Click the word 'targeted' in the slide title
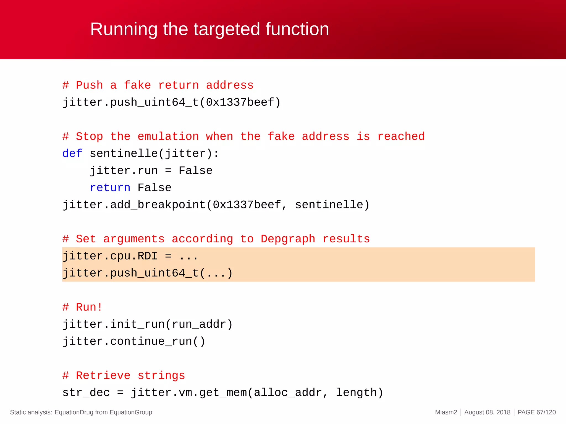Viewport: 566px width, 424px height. point(227,29)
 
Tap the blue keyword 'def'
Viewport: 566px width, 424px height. point(72,153)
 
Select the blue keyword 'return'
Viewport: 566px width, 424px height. point(110,188)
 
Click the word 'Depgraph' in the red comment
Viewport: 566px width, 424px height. point(288,239)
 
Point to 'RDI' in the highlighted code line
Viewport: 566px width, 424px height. point(148,256)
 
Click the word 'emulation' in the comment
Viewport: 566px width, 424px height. point(168,136)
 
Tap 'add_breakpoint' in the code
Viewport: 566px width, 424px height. point(158,205)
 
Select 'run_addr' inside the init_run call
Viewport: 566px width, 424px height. point(199,324)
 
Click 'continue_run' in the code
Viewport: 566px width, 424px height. point(151,341)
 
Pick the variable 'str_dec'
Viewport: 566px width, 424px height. point(86,393)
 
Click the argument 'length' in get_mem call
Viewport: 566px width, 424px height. point(357,393)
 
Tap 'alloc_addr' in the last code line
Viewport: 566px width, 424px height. point(288,393)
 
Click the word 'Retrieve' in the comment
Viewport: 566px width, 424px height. point(103,376)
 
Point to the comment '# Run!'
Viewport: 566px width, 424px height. point(82,307)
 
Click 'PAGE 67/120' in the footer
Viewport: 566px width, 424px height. point(536,412)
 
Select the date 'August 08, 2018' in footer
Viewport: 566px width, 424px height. point(487,412)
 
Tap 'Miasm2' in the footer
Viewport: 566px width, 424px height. point(446,412)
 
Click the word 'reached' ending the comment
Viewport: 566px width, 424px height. point(401,136)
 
